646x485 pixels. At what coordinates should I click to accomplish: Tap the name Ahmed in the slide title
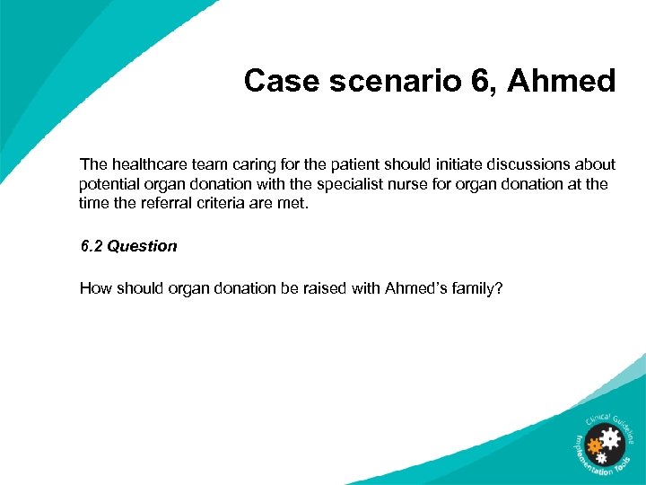coord(562,82)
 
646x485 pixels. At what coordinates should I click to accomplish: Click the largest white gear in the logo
coord(610,439)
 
